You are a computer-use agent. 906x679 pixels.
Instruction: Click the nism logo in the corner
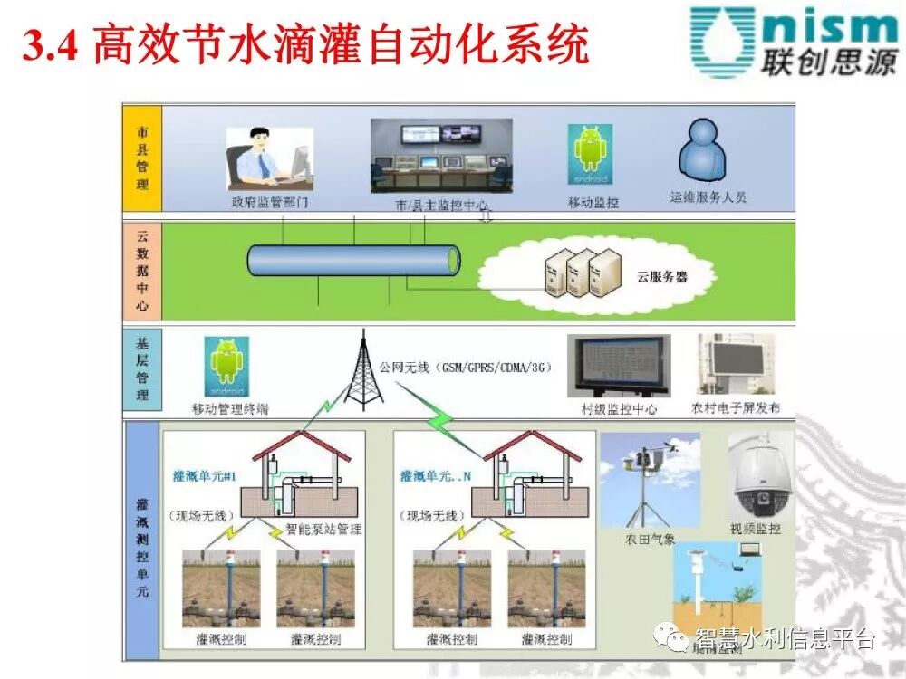click(792, 41)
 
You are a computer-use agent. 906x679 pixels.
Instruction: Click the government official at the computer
click(269, 158)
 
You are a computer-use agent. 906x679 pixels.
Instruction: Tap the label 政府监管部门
click(269, 203)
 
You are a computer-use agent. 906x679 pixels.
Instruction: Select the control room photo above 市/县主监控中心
click(441, 157)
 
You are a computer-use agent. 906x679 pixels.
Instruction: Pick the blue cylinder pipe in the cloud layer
click(353, 261)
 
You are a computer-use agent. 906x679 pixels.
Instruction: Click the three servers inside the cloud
click(583, 272)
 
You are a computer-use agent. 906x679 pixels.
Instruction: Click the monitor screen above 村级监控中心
click(619, 366)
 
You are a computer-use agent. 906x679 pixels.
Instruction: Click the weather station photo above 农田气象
click(650, 480)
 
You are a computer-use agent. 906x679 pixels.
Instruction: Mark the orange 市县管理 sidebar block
click(142, 158)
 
